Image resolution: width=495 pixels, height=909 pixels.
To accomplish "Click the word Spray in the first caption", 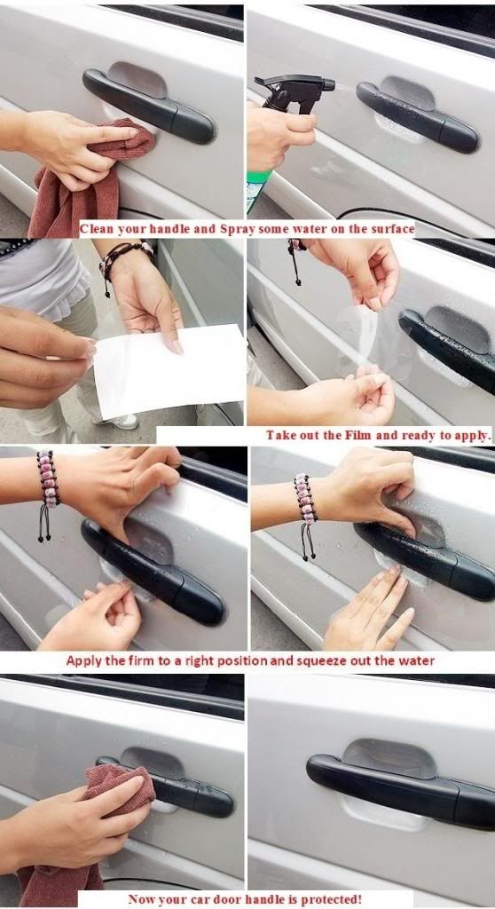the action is (x=237, y=229).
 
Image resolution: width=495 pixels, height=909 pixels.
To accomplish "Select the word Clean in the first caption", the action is (x=98, y=229).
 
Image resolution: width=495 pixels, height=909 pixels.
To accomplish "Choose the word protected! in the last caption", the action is (x=333, y=900).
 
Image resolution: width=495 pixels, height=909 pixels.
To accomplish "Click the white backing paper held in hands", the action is (x=169, y=372).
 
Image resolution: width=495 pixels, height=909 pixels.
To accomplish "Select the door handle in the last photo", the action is (x=405, y=785).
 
